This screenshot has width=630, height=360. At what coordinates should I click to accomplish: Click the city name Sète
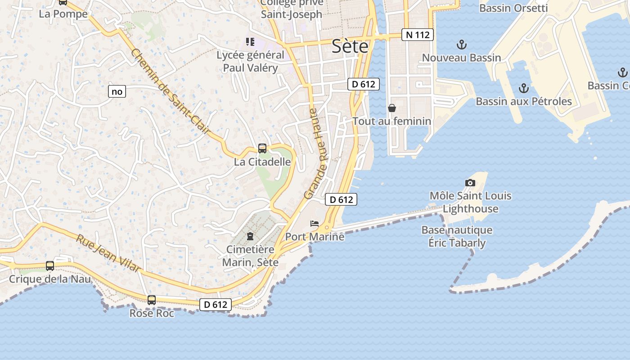point(350,46)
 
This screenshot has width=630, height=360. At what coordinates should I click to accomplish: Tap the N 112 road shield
point(418,35)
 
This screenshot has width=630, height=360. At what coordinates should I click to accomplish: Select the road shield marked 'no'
point(117,92)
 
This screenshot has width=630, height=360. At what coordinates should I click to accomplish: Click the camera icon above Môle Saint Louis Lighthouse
point(470,183)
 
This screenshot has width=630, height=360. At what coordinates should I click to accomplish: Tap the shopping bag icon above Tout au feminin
point(392,108)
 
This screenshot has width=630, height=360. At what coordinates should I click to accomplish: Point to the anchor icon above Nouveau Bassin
point(461,45)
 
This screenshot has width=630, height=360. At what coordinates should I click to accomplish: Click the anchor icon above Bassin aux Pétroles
point(523,88)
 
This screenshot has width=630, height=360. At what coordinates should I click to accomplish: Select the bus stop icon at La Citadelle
point(262,148)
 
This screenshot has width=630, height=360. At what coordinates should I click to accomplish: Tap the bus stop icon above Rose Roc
point(152,300)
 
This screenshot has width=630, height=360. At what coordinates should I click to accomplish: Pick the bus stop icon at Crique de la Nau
point(50,266)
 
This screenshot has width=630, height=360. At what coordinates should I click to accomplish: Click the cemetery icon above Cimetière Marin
point(250,236)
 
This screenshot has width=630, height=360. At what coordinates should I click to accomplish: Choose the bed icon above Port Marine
point(315,224)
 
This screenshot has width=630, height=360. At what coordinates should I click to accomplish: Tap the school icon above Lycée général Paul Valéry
point(250,42)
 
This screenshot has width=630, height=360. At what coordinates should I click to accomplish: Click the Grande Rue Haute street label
point(317,153)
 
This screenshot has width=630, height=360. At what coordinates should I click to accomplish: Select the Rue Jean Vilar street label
point(108,253)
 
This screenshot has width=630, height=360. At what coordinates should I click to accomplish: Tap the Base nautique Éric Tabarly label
point(457,237)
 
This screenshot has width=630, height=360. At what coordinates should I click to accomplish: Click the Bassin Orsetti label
point(513,8)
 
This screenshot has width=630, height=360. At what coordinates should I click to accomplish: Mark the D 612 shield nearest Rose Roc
point(216,305)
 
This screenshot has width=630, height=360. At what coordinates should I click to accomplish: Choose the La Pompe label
point(63,14)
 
